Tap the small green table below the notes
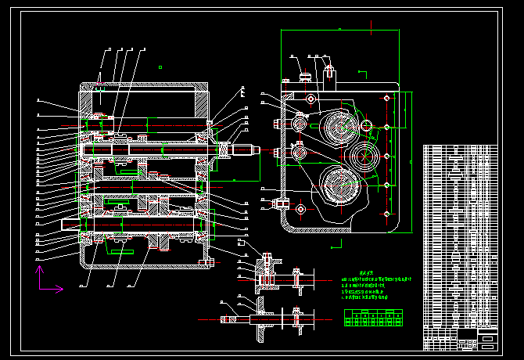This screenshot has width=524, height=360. click(374, 316)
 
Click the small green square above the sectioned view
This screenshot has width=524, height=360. click(160, 67)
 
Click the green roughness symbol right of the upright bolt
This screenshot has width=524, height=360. click(361, 74)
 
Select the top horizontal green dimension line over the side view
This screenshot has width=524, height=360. click(339, 30)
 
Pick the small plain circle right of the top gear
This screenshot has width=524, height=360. click(366, 126)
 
